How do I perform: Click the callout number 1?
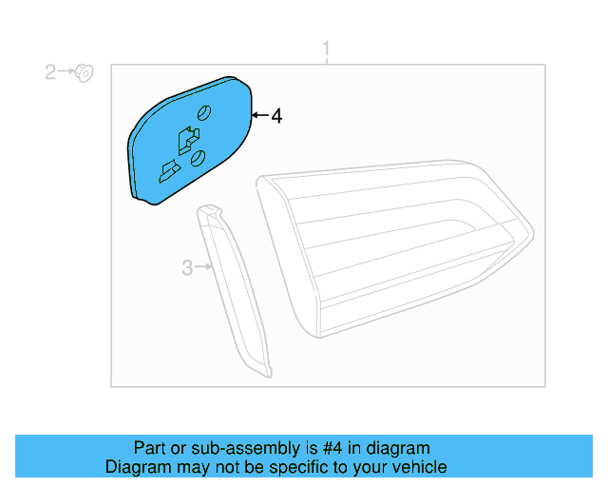(327, 48)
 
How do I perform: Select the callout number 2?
(50, 71)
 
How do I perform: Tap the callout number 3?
(187, 268)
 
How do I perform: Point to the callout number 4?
(276, 116)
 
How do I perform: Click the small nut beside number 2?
(83, 70)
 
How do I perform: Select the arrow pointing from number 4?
(258, 116)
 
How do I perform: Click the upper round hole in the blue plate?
(202, 114)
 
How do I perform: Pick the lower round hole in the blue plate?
(198, 158)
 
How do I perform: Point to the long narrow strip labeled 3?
(237, 290)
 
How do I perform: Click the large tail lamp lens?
(399, 247)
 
